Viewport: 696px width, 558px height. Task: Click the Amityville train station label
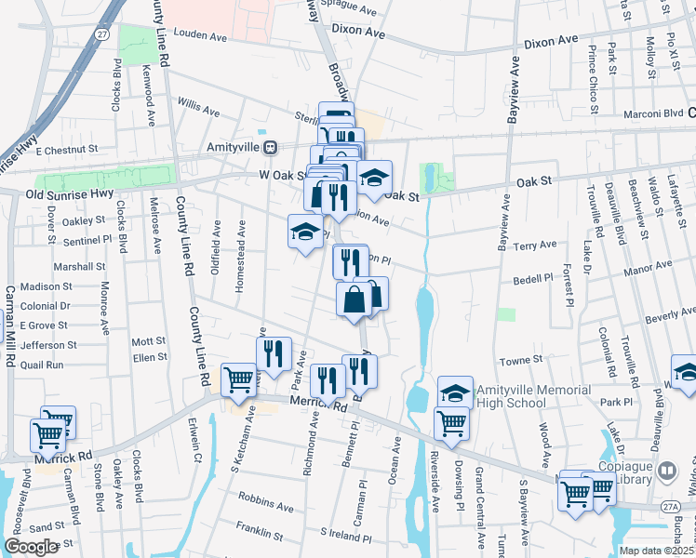233,147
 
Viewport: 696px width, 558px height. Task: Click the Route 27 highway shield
101,33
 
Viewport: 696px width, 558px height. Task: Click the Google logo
31,547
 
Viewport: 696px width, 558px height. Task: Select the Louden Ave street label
200,37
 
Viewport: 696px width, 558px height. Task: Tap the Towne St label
521,359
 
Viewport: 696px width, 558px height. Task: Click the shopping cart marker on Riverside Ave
451,422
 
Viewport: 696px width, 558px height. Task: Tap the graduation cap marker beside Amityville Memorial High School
454,392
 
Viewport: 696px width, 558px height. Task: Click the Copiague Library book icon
666,471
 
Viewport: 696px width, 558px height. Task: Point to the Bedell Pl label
534,280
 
